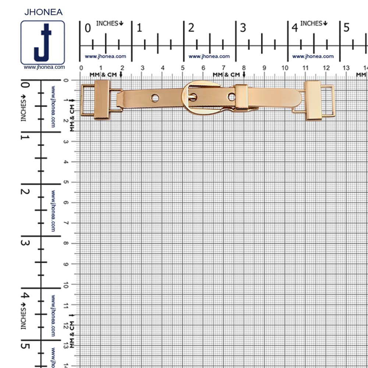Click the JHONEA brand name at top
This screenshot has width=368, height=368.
click(43, 12)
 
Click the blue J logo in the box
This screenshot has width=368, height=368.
click(43, 42)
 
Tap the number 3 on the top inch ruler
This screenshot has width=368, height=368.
click(243, 28)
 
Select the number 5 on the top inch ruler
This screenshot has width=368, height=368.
click(346, 28)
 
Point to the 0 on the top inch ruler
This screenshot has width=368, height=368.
click(88, 28)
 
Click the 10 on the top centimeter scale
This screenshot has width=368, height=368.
click(285, 68)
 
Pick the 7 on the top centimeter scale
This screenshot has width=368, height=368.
click(223, 68)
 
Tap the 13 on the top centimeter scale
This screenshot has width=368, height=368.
click(346, 68)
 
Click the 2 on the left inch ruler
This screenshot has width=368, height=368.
click(25, 191)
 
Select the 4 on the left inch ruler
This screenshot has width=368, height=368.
click(25, 295)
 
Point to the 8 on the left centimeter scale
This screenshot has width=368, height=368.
click(66, 243)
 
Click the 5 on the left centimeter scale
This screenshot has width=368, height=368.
click(66, 182)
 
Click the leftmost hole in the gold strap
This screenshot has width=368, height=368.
click(155, 98)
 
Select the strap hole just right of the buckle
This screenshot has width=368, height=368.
click(231, 97)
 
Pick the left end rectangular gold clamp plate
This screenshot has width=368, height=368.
click(102, 99)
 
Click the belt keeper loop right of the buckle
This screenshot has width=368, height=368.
click(241, 97)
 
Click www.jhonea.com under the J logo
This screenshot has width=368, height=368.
click(45, 67)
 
